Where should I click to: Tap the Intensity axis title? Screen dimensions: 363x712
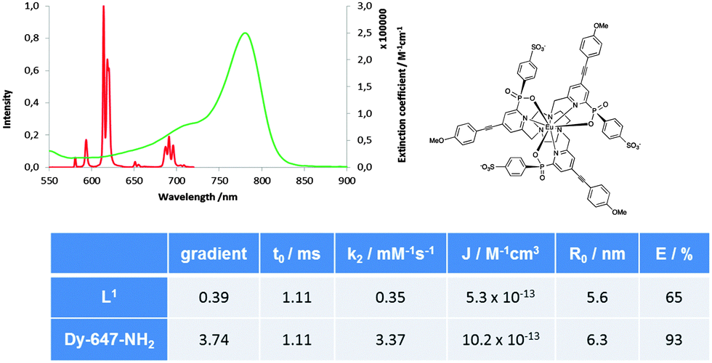(x=8, y=108)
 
